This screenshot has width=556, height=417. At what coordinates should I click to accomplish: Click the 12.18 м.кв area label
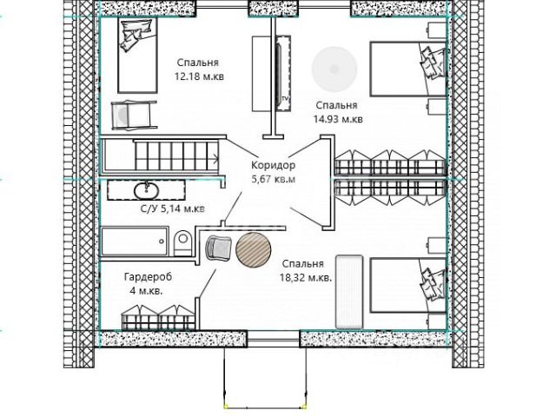pos(199,76)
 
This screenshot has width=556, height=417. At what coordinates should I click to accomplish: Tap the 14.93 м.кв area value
pos(338,119)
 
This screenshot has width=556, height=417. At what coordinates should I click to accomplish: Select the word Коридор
pos(273,165)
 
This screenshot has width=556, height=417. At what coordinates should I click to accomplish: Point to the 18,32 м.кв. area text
pos(306,278)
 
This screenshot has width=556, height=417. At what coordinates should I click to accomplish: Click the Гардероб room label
pos(148,276)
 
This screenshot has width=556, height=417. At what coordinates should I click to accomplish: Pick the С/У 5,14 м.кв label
pos(173,208)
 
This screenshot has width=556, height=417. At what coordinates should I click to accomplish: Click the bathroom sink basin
pos(147,191)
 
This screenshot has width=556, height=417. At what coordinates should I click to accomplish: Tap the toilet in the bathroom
pos(182,243)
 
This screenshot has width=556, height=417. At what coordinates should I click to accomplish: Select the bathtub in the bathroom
pos(135,242)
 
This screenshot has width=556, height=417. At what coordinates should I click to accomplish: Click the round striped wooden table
pos(254,249)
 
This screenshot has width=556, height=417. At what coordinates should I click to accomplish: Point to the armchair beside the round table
pos(218,248)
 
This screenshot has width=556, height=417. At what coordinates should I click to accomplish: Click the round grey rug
pos(334,69)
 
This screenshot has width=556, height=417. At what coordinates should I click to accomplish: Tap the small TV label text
pos(285,98)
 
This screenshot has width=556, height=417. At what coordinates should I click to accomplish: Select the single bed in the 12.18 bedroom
pos(137,56)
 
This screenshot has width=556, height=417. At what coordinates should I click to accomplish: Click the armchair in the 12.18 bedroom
pos(134,116)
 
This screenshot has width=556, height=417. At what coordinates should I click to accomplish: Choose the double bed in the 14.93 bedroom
pos(407,69)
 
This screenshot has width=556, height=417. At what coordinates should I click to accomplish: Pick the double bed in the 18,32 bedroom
pos(407,285)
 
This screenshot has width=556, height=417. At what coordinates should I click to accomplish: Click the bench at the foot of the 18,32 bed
pos(349,292)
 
